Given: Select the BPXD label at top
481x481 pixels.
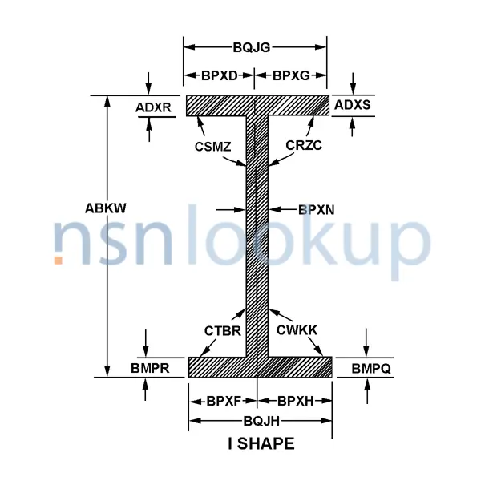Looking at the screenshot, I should (x=219, y=76).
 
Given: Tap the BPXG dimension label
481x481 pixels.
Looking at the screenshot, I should (x=290, y=76).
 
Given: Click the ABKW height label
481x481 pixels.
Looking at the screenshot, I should (x=107, y=208).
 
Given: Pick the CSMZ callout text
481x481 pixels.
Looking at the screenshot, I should (x=212, y=145).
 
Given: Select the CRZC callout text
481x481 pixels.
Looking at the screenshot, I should (x=303, y=145).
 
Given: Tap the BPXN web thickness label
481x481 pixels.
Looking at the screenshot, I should (x=316, y=210).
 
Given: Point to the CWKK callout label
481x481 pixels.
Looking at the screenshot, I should (x=297, y=328).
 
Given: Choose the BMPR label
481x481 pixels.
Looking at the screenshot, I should (x=149, y=368).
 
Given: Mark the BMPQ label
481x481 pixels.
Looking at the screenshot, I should (x=370, y=368).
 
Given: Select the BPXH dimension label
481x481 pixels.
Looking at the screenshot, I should (x=294, y=400).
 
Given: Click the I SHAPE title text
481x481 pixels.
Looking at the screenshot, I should (x=261, y=443).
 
